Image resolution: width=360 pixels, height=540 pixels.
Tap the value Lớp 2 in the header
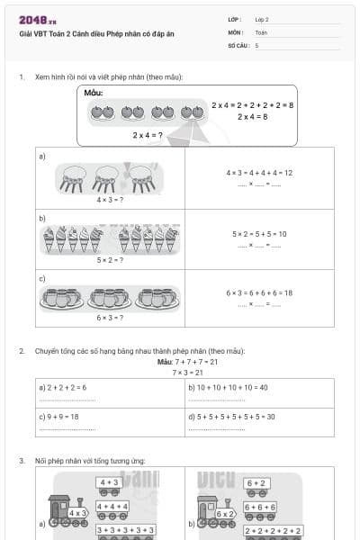point(262,19)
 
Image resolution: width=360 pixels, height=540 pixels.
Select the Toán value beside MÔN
point(260,31)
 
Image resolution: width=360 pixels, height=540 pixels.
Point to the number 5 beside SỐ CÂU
point(257,44)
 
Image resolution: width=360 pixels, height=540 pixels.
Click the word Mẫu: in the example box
point(94,93)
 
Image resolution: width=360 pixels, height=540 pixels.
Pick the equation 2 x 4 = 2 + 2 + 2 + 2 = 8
point(253,105)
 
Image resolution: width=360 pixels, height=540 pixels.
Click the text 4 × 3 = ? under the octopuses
point(109,199)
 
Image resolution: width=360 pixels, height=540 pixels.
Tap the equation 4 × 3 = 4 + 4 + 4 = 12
point(259,173)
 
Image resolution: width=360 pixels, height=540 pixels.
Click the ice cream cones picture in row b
point(110,238)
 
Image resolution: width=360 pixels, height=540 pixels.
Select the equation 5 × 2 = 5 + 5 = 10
point(259,234)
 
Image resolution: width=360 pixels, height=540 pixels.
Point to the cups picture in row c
point(110,297)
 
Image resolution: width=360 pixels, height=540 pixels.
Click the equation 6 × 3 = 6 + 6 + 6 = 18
point(259,292)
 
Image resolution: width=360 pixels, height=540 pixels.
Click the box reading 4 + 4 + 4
point(113,507)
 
